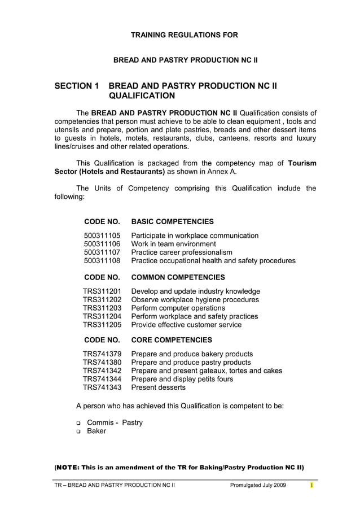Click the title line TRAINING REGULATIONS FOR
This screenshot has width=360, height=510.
185,35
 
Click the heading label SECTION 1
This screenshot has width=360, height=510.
76,86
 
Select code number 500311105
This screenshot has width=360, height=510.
102,236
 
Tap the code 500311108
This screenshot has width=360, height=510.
102,261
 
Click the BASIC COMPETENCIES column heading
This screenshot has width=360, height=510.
172,221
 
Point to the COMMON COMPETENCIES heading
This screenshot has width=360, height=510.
178,277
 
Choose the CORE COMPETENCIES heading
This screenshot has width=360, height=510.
172,340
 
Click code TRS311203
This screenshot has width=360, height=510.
102,308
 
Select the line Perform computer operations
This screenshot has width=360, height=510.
178,308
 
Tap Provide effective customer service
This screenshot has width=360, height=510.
186,325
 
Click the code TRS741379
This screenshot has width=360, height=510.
102,354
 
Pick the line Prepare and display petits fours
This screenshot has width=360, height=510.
182,379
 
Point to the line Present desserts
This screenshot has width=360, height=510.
158,387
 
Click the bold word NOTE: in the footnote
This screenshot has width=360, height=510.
68,468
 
